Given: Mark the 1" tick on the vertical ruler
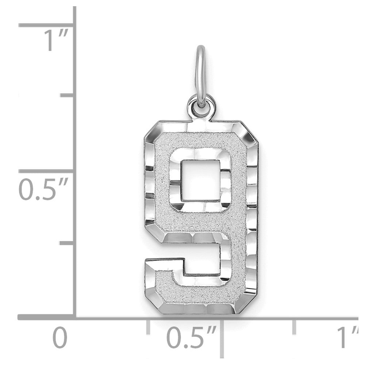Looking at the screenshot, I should click(x=47, y=25).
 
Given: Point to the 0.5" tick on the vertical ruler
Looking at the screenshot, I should click(x=47, y=171).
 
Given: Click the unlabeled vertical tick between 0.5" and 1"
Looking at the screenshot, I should click(x=68, y=96).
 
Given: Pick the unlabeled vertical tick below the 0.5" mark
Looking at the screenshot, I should click(x=68, y=242).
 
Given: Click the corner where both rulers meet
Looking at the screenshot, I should click(x=76, y=318).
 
